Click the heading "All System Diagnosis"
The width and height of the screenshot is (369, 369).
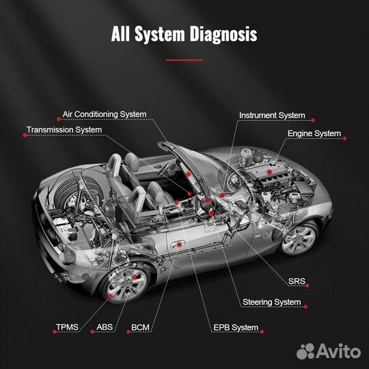coord(184,34)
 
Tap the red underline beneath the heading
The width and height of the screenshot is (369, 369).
coord(184,60)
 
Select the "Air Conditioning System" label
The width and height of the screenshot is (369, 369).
coord(104,114)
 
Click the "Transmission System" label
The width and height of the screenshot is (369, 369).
coord(64,129)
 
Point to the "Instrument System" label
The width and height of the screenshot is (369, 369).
coord(272,115)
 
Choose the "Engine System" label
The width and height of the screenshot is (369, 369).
coord(314,133)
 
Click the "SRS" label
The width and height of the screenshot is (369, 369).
coord(297,281)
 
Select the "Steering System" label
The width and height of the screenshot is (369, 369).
coord(271,301)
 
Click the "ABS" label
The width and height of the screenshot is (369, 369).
coord(105,327)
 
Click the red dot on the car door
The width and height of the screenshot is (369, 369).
coord(179,244)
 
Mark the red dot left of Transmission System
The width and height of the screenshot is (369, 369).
coord(25,135)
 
